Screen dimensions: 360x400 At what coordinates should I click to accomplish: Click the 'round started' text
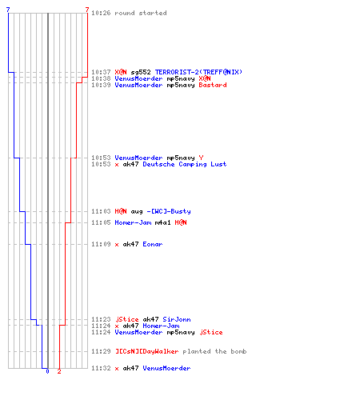(x=141, y=13)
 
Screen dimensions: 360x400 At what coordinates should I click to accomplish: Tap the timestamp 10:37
(x=101, y=72)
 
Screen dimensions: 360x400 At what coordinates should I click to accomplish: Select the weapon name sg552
(x=141, y=72)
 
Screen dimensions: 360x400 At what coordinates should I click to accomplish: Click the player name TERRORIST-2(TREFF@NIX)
(x=198, y=72)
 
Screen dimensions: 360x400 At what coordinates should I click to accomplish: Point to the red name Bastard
(x=213, y=85)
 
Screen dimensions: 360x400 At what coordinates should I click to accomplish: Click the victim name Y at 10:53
(x=201, y=158)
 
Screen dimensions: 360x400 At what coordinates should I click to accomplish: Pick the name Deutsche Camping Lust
(x=185, y=164)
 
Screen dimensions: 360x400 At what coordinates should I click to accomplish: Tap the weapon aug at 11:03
(x=137, y=212)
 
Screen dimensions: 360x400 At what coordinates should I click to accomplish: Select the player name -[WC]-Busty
(x=169, y=211)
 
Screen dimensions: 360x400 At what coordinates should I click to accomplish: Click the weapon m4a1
(x=162, y=222)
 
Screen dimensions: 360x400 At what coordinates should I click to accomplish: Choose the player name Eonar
(x=153, y=244)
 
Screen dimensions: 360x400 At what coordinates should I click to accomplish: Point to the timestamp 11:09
(x=101, y=244)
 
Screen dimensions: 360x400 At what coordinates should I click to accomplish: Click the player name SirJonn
(x=177, y=319)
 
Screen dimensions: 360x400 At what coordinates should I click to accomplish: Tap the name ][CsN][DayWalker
(x=147, y=351)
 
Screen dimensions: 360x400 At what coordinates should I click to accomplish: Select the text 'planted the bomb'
(x=214, y=351)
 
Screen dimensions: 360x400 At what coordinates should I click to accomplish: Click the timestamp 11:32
(x=101, y=368)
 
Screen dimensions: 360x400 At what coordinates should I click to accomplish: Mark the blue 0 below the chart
(x=47, y=371)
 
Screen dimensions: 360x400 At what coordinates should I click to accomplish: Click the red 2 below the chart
(x=59, y=371)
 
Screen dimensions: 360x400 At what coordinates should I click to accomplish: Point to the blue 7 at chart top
(x=8, y=10)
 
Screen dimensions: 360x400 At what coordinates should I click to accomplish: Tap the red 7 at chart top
(x=87, y=10)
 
